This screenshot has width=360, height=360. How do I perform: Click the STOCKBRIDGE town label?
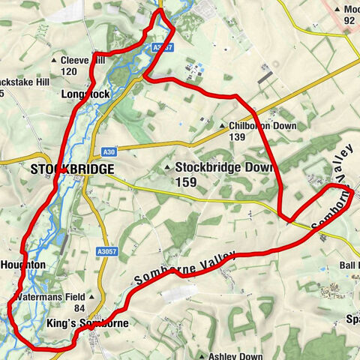coord(73,169)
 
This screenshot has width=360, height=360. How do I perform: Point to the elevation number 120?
coord(70,71)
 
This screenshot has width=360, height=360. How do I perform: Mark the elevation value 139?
coord(238,136)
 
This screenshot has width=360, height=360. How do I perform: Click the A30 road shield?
coord(109,151)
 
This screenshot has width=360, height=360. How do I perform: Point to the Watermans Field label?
coord(51,297)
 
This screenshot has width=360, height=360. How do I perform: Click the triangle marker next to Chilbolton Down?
coord(223,125)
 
